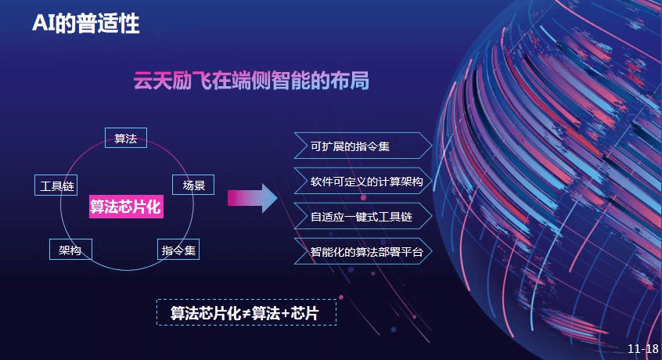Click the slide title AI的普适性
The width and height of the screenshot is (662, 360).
(86, 23)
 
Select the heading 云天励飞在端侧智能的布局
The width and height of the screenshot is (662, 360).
(251, 80)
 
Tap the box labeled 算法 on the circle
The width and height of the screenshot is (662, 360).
(126, 138)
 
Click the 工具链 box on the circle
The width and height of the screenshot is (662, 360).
(56, 185)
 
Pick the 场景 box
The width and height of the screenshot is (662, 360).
(193, 185)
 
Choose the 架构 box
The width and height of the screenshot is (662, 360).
(70, 250)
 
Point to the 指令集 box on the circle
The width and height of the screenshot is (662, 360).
(178, 250)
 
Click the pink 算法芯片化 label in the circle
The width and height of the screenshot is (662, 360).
(126, 207)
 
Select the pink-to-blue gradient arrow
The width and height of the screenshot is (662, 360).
(253, 198)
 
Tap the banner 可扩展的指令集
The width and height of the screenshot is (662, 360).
(363, 146)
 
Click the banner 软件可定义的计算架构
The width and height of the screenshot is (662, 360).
(363, 181)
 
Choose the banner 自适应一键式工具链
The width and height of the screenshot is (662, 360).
(363, 217)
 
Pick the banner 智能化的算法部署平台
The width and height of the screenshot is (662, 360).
(363, 251)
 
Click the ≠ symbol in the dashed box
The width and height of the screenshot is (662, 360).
(247, 313)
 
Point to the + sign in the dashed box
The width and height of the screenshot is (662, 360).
(286, 313)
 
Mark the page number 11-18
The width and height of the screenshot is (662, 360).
(643, 348)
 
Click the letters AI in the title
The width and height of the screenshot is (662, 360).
(44, 23)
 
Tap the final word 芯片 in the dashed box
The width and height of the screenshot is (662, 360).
(305, 313)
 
